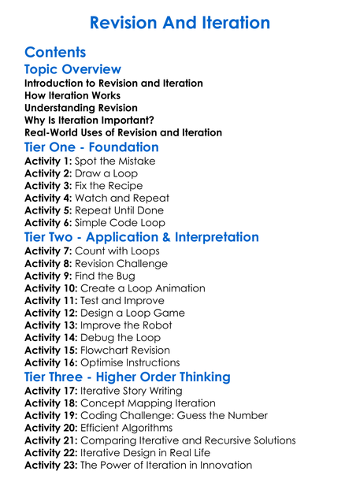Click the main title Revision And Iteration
coord(180,22)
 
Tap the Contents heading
coord(55,52)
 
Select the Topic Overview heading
coord(72,69)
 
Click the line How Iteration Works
coord(72,95)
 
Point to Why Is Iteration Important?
coord(89,120)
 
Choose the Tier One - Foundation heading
coord(91,147)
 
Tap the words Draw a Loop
coord(106,173)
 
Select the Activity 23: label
coord(51,465)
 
